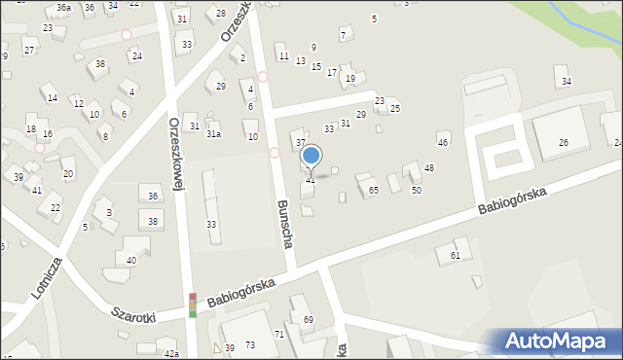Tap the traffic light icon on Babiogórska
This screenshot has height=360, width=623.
(193, 305)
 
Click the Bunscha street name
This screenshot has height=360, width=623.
(285, 225)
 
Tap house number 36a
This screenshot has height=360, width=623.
(63, 8)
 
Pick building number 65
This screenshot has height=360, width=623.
(373, 191)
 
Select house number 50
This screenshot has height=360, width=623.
(416, 190)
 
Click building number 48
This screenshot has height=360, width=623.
(428, 168)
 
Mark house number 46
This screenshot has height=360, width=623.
(443, 143)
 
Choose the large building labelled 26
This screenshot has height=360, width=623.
(563, 143)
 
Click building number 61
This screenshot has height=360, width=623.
(455, 255)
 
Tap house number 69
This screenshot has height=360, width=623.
(309, 320)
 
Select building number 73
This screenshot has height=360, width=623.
(250, 345)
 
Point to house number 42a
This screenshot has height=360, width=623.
(171, 353)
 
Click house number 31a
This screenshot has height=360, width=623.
(212, 134)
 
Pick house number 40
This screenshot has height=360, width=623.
(131, 260)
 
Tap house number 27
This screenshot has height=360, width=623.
(29, 50)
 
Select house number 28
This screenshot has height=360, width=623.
(221, 13)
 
